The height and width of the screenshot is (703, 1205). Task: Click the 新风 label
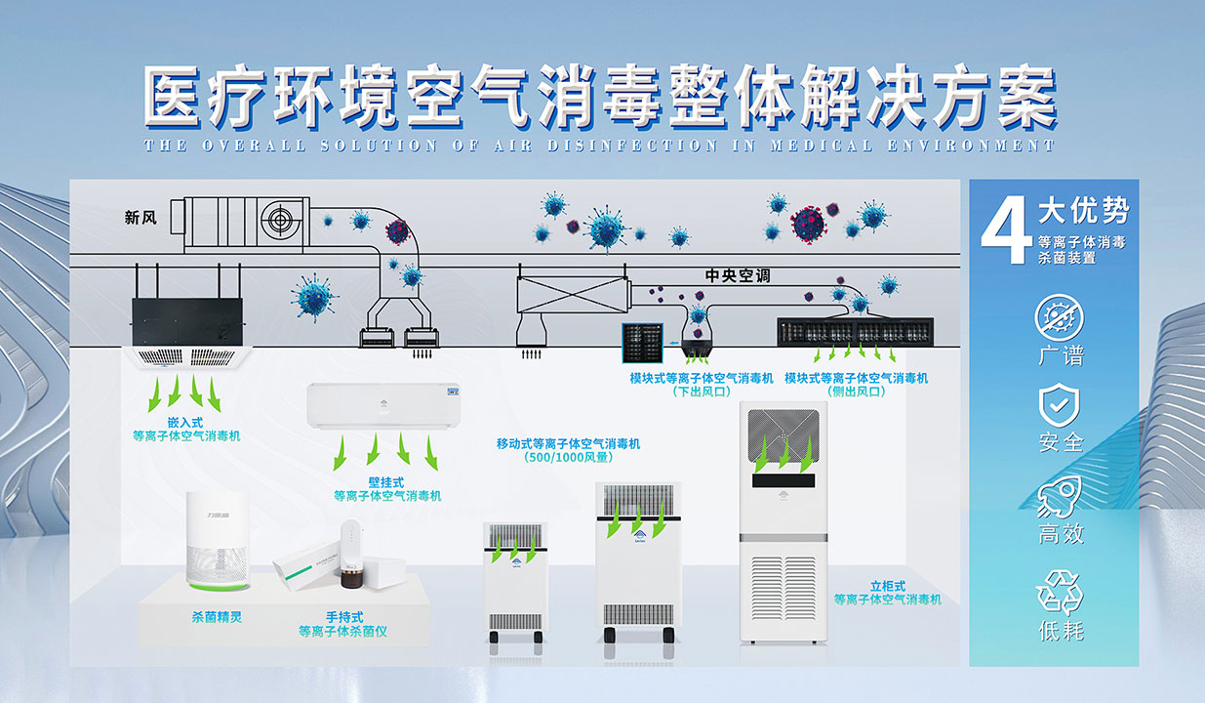[141, 218]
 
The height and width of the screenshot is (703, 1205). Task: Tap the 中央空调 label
[738, 276]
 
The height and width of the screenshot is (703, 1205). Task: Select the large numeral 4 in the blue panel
[1005, 234]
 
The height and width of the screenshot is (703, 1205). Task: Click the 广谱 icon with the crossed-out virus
[1060, 317]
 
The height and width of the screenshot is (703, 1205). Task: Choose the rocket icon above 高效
[1060, 496]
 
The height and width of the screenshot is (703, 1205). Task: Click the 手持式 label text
[344, 617]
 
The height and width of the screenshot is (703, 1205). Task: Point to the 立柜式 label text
[888, 586]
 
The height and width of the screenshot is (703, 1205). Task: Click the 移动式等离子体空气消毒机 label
[568, 443]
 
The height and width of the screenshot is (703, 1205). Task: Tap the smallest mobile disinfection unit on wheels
[515, 583]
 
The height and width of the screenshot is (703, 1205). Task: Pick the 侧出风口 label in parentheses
[856, 392]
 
